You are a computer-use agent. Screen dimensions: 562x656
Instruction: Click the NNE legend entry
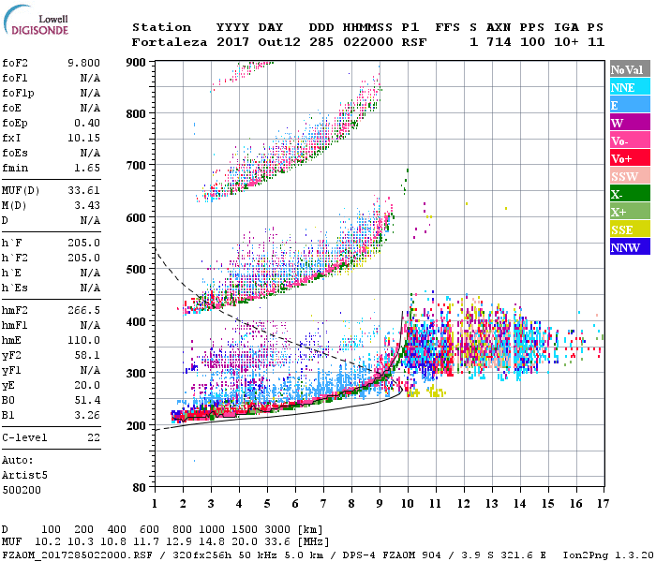coord(623,87)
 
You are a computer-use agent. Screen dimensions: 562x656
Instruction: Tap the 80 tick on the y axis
coord(140,487)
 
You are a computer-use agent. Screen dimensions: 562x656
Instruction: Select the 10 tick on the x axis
coord(408,504)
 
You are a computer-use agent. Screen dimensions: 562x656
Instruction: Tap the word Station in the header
coord(161,27)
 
